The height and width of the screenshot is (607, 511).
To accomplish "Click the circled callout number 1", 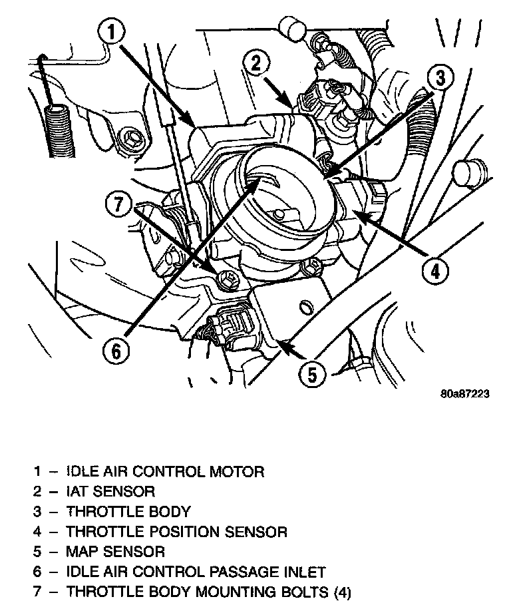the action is (x=112, y=33).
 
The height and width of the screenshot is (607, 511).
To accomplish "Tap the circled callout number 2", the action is (x=257, y=63).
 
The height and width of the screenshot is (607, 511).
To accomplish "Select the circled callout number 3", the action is (x=440, y=78).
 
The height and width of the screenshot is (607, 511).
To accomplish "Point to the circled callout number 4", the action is (x=435, y=270).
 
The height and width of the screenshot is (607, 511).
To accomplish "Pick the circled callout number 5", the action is (x=312, y=374).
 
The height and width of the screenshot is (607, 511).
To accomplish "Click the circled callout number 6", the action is (x=116, y=351).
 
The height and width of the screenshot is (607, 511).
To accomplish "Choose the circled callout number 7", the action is (x=119, y=204).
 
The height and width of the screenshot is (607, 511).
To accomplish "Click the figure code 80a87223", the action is (x=464, y=394).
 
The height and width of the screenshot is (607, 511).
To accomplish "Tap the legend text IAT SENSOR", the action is (x=110, y=492).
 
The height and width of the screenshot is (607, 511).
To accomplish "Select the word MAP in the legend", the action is (x=83, y=552).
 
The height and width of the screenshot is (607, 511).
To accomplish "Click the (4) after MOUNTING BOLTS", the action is (x=341, y=592).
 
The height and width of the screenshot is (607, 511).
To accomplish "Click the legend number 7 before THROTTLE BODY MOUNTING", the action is (x=37, y=592).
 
